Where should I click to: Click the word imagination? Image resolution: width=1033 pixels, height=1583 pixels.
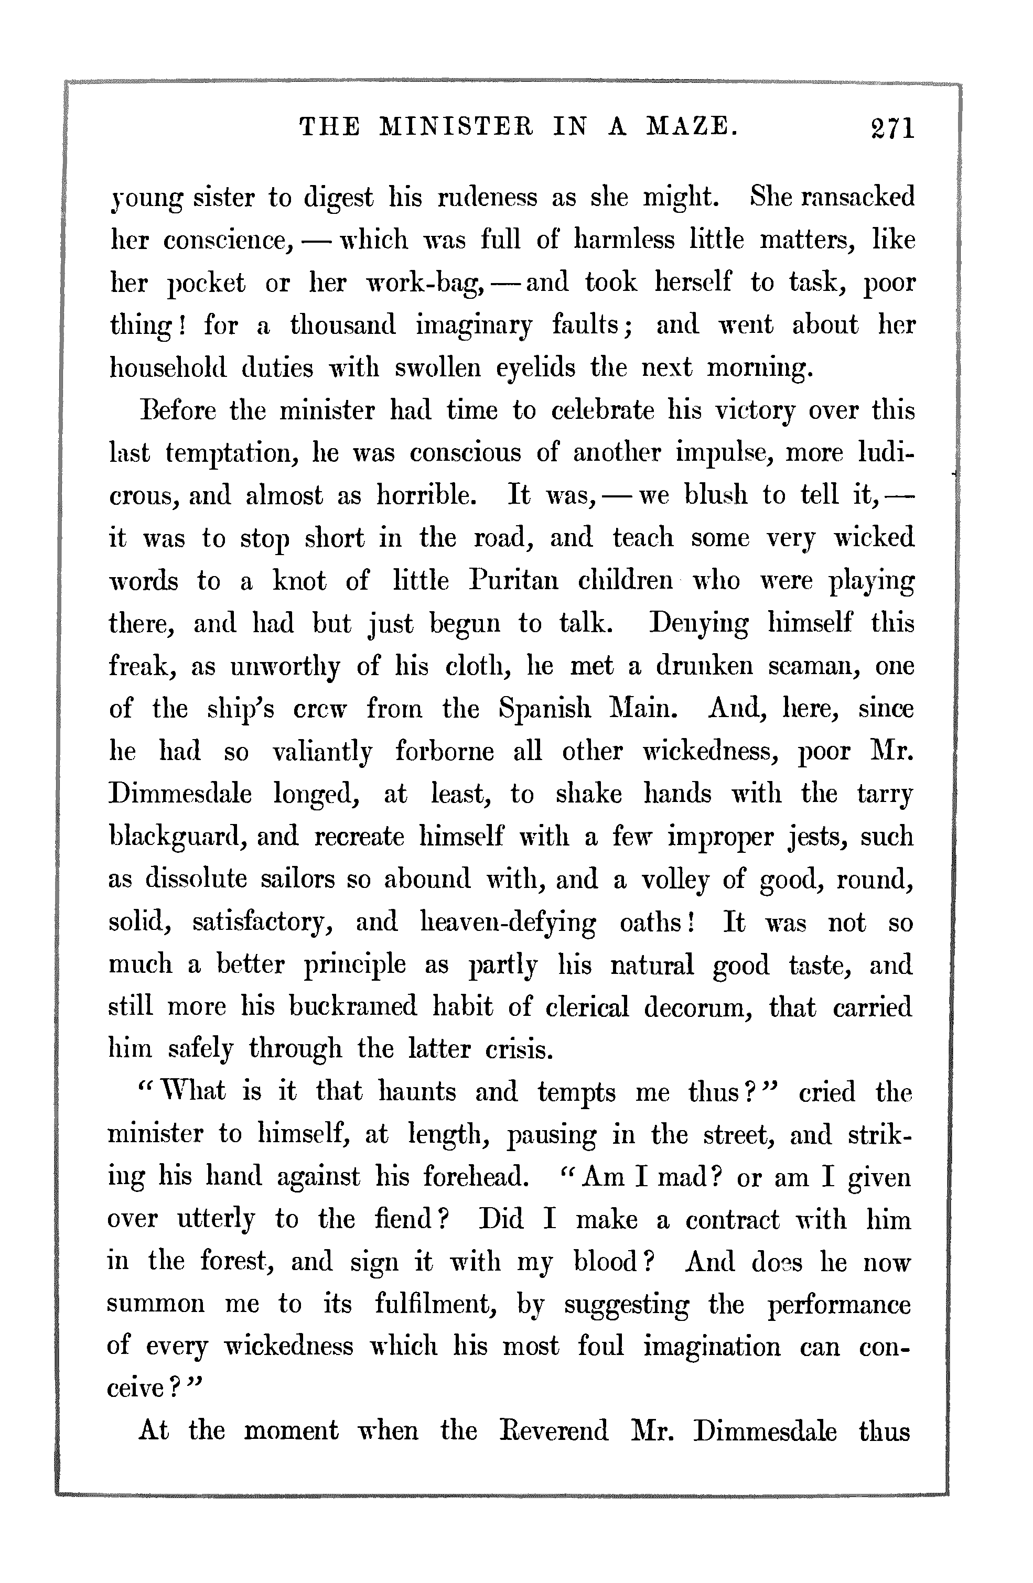pyautogui.click(x=712, y=1347)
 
